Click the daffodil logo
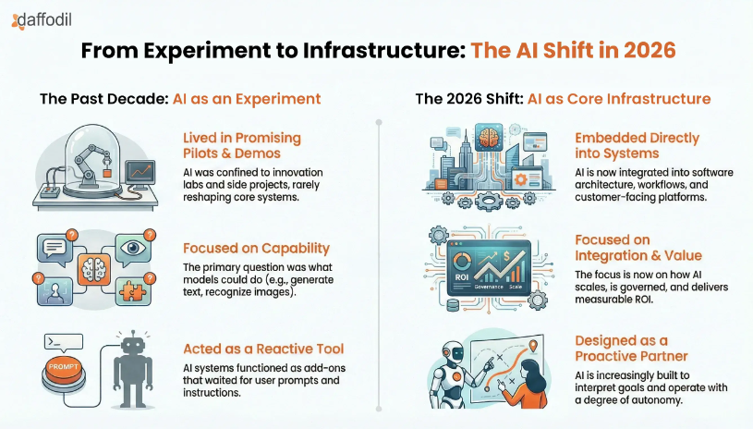pos(43,18)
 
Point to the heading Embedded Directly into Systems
pos(637,146)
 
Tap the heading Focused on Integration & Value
pos(637,247)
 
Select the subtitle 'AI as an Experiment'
pos(247,98)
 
